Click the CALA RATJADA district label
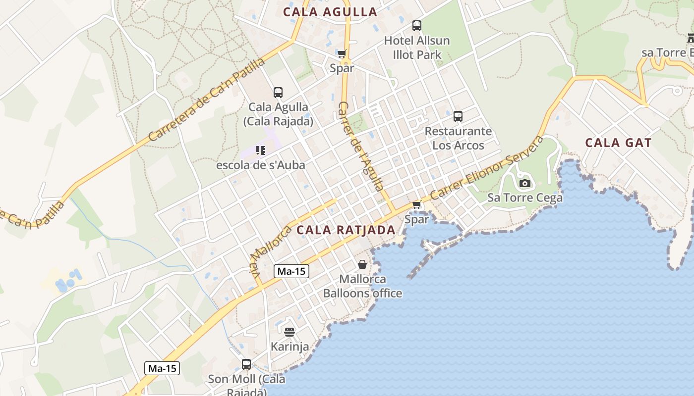(x=346, y=230)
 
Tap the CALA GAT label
(x=618, y=143)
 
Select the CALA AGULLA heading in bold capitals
(x=330, y=12)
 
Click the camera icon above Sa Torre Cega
(x=524, y=184)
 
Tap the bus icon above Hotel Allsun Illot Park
(x=416, y=26)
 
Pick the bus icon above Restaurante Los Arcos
(x=458, y=116)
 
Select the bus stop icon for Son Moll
(x=246, y=364)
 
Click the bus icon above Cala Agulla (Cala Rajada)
(x=278, y=92)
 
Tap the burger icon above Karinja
(x=289, y=332)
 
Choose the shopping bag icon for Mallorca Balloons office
(x=362, y=264)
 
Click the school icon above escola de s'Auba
(x=261, y=150)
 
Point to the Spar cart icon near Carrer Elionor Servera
(x=416, y=204)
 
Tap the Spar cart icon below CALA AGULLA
(x=342, y=53)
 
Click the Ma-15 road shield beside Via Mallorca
(x=291, y=271)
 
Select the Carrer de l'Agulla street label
(x=360, y=146)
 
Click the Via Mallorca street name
(x=270, y=255)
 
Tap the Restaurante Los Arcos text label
(x=458, y=138)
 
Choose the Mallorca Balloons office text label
(x=362, y=286)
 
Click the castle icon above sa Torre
(x=691, y=37)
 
